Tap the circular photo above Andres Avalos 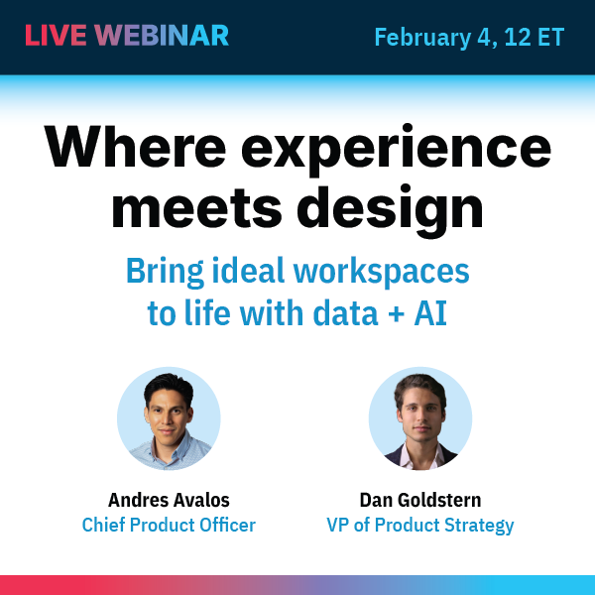click(x=169, y=418)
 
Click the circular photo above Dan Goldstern click(x=419, y=418)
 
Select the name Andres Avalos click(x=169, y=499)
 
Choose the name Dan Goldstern click(x=420, y=499)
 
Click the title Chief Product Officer click(x=169, y=525)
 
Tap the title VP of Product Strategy click(x=420, y=525)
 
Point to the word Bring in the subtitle click(x=159, y=272)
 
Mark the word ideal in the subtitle click(x=240, y=271)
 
